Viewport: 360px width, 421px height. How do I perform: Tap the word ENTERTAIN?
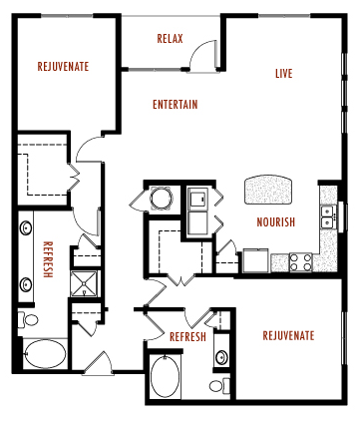pos(175,105)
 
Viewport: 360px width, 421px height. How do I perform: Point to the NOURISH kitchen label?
pos(274,221)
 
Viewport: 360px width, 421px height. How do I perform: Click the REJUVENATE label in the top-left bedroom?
pos(63,67)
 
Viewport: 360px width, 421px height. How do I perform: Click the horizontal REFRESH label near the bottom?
pos(186,337)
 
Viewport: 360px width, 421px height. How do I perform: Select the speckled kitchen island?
pos(270,187)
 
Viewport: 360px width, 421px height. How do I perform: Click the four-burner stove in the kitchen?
pos(300,262)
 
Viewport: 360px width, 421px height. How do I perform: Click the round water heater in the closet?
pos(161,199)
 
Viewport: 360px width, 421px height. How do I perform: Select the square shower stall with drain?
pos(87,284)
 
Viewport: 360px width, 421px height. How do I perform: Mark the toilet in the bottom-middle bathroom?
pos(218,385)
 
